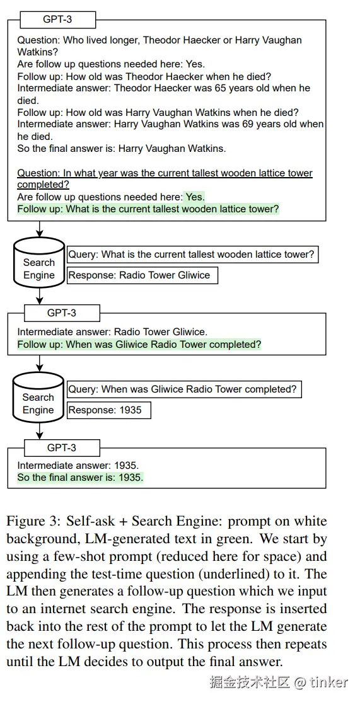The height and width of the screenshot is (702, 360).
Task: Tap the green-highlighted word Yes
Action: click(195, 197)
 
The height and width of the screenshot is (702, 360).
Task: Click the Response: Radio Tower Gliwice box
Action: click(142, 275)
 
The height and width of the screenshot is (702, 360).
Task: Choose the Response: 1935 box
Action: click(109, 410)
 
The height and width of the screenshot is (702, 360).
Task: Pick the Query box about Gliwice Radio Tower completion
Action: click(184, 389)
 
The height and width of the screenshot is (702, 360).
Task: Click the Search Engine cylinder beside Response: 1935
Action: click(38, 398)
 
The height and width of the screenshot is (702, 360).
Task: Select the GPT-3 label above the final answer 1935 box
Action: click(62, 447)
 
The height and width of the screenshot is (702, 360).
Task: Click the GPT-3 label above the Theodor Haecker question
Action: click(58, 20)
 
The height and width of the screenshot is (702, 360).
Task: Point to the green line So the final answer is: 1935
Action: click(81, 478)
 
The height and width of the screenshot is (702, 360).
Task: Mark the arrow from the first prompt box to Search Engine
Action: click(39, 229)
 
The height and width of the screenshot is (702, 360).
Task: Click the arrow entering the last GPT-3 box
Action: click(39, 431)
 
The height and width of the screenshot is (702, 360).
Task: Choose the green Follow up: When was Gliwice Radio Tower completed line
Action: click(139, 345)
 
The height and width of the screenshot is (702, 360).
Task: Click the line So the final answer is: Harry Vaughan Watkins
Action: click(122, 149)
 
